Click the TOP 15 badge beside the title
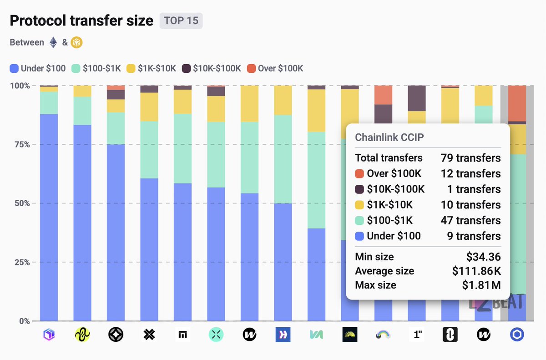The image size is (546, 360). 181,21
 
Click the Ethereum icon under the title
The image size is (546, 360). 53,42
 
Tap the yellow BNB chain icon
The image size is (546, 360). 76,42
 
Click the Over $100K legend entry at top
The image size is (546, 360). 275,69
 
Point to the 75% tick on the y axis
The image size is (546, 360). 20,144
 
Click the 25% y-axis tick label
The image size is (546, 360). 20,262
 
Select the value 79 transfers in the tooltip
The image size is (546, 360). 470,158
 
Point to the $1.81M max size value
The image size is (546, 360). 481,285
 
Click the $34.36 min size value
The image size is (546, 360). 483,257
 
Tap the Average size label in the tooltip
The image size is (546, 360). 384,271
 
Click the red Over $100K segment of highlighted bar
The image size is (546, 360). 517,103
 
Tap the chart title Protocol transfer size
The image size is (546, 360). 81,21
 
